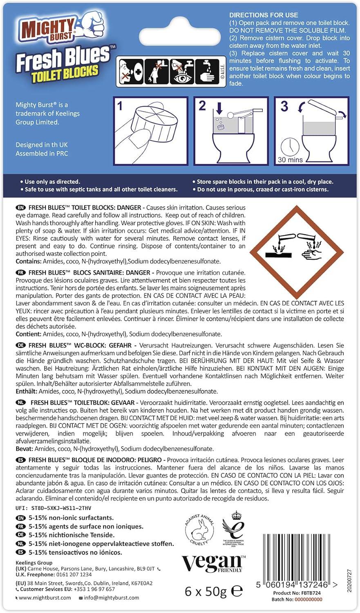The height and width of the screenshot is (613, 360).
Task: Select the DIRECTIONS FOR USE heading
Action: pos(264,15)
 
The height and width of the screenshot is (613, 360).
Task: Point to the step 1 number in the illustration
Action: pos(120,106)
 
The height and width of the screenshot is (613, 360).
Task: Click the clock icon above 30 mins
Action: pos(290,146)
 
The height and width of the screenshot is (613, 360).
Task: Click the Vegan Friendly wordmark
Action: pos(213,564)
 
